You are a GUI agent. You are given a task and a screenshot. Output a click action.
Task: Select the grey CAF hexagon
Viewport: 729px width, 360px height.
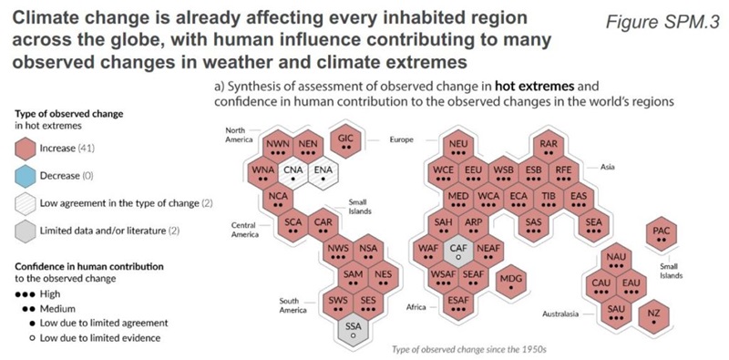(x=458, y=251)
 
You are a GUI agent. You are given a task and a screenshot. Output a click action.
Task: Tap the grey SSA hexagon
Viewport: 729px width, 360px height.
(x=353, y=331)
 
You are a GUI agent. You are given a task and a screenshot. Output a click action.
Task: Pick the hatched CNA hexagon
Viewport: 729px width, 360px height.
(x=293, y=173)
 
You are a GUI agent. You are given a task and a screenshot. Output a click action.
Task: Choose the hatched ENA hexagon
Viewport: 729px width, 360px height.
(x=323, y=173)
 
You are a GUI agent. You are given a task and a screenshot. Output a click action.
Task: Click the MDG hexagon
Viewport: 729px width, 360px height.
(x=511, y=282)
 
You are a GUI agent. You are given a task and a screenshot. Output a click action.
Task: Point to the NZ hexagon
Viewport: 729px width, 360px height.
(x=653, y=317)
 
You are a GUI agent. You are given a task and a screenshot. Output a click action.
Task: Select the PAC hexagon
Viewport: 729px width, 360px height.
(x=662, y=233)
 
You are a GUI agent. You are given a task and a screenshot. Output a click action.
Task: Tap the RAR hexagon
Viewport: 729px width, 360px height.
(x=549, y=147)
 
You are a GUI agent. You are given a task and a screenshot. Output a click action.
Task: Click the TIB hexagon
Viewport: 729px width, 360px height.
(x=549, y=199)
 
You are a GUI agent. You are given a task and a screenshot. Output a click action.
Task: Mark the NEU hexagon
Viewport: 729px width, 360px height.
(x=458, y=147)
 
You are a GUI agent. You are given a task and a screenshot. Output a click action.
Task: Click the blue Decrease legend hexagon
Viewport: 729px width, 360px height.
(x=26, y=176)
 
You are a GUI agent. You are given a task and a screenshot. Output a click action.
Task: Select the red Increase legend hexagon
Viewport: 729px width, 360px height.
(x=26, y=149)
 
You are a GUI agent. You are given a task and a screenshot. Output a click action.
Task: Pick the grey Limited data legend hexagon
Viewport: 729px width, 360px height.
(x=26, y=231)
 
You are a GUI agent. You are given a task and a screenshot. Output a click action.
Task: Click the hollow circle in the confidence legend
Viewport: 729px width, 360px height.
(x=32, y=338)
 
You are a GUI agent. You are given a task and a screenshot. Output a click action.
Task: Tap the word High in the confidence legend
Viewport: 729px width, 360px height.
(x=50, y=294)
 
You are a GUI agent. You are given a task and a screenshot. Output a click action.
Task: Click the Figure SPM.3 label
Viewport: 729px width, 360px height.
(x=663, y=22)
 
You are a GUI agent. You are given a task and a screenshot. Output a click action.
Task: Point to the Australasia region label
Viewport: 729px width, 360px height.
(x=560, y=314)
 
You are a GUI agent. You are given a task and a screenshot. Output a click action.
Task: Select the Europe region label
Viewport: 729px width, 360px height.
(x=402, y=139)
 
